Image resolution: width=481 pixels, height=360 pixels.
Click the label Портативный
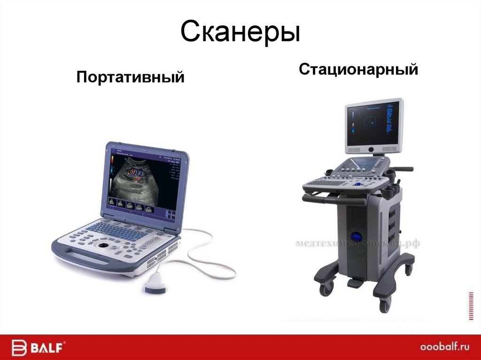[x=130, y=77]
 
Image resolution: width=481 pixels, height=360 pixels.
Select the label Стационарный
[x=358, y=70]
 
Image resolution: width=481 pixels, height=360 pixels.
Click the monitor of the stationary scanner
[x=373, y=124]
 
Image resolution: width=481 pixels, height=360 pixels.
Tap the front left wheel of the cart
[x=326, y=288]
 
